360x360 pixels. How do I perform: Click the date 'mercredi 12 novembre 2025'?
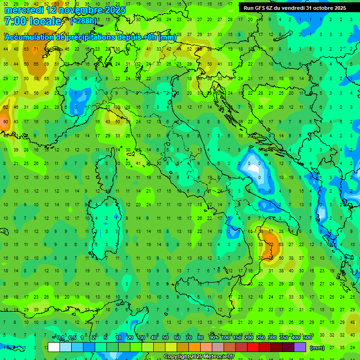pos(65,10)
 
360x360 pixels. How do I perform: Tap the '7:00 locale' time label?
pos(32,21)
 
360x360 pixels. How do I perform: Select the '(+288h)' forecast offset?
pos(84,21)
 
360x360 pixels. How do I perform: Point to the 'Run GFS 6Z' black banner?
pos(294,7)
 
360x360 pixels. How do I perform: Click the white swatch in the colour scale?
pos(54,347)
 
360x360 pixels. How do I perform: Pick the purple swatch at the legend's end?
pos(300,347)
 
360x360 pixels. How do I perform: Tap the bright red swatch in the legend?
pos(253,347)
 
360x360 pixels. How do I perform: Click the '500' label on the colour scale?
pos(307,337)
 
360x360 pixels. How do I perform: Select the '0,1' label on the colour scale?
pos(61,337)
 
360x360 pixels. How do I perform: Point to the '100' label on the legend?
pos(225,337)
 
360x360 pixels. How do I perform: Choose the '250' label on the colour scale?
pos(261,337)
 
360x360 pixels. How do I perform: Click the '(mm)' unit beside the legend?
pos(317,348)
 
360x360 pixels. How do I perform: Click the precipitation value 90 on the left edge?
pos(5,122)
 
